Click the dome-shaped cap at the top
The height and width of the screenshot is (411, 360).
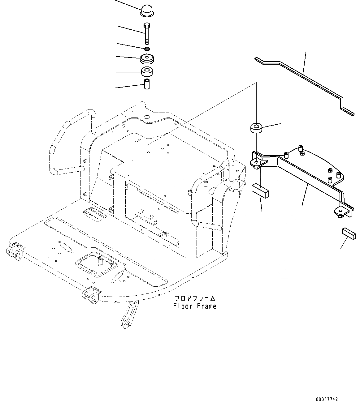coord(147,10)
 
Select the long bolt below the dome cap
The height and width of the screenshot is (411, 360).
coord(147,33)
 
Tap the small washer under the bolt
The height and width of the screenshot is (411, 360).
coord(147,49)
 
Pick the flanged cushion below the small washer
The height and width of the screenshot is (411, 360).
coord(147,58)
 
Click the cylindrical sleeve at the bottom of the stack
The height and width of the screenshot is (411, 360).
coord(147,84)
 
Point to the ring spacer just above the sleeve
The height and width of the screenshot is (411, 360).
coord(147,72)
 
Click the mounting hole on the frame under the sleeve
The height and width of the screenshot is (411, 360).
coord(147,117)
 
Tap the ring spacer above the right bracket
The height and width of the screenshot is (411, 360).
coord(256,128)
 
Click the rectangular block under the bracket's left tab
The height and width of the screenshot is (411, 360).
coord(260,190)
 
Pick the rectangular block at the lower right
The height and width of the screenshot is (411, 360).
coord(349,233)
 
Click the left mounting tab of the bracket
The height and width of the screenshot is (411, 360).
coord(257,163)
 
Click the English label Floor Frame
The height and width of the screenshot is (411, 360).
coord(195,306)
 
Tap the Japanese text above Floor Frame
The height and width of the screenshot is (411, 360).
coord(195,298)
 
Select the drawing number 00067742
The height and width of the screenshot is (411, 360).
coord(327,399)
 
